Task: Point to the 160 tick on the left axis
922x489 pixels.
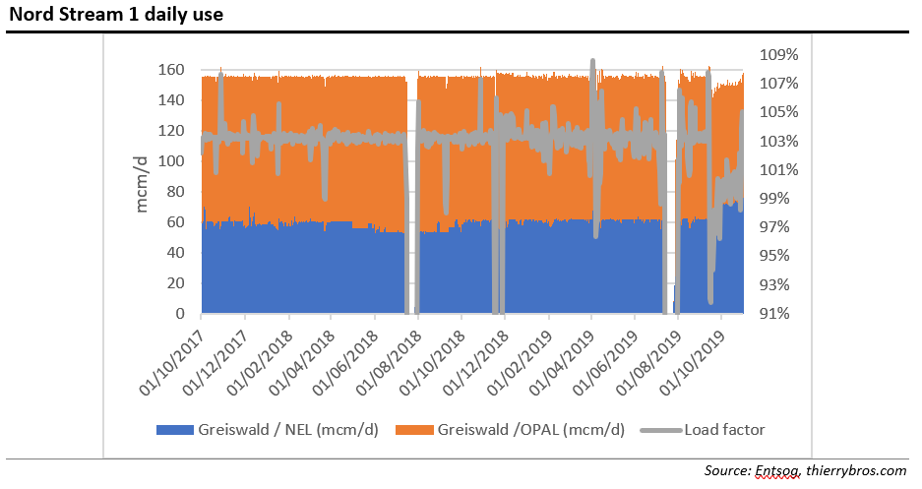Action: [171, 70]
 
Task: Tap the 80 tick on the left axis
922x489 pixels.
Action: [175, 192]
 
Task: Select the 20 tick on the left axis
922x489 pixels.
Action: [175, 283]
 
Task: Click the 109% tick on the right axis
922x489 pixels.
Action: [771, 54]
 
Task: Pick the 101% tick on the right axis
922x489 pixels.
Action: [771, 169]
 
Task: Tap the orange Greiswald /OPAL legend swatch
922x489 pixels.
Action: [414, 429]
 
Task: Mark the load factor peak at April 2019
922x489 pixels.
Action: [592, 62]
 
